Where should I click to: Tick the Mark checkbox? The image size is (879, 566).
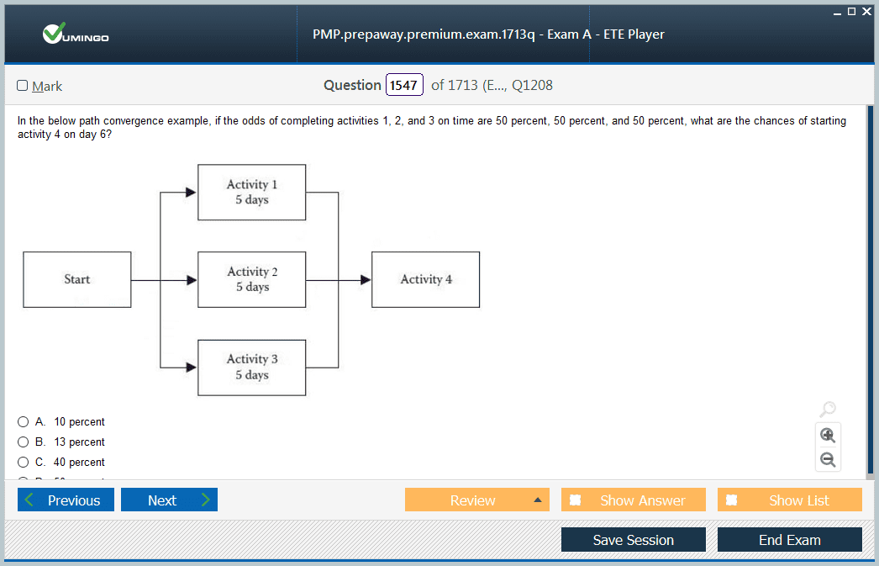(x=23, y=85)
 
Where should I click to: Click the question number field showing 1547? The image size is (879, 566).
(x=404, y=85)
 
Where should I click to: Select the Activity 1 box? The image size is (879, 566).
(x=252, y=193)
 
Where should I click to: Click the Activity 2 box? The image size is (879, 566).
(x=252, y=279)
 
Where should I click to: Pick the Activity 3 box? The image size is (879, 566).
(x=252, y=368)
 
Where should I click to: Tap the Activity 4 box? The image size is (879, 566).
(x=425, y=279)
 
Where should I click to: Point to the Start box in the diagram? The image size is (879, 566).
(x=76, y=279)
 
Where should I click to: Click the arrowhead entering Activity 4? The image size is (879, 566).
(x=366, y=280)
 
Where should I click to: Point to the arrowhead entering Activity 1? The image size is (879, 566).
(x=191, y=193)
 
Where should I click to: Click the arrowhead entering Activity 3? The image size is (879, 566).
(x=191, y=368)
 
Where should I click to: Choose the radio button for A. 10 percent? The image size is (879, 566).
(x=23, y=422)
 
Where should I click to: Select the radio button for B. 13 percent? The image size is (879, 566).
(x=23, y=442)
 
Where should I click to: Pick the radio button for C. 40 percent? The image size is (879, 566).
(x=23, y=463)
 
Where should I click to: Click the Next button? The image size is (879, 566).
(x=169, y=500)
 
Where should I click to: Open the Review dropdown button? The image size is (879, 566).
(x=477, y=500)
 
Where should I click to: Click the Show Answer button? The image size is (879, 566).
(x=634, y=500)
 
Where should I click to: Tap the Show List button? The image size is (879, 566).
(x=790, y=500)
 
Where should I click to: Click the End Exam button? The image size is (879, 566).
(x=790, y=540)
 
